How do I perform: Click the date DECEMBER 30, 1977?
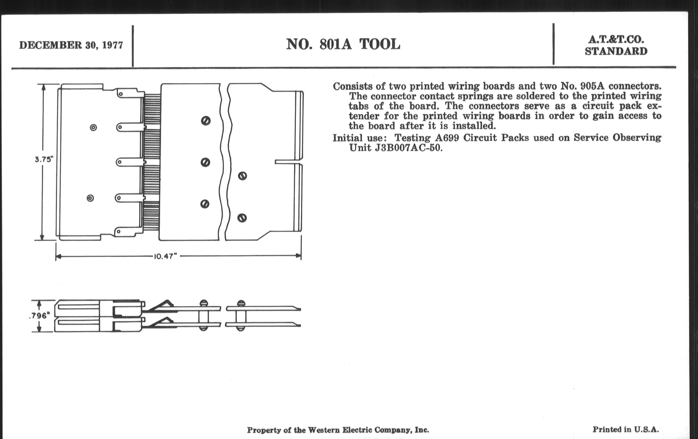pyautogui.click(x=71, y=46)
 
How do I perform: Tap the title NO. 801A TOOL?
pyautogui.click(x=343, y=44)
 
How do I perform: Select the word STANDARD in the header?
pyautogui.click(x=616, y=51)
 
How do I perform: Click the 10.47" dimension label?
pyautogui.click(x=165, y=257)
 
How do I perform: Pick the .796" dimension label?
pyautogui.click(x=40, y=316)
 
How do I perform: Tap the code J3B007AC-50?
pyautogui.click(x=408, y=148)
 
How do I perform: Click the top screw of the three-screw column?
pyautogui.click(x=206, y=121)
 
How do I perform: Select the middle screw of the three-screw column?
pyautogui.click(x=205, y=162)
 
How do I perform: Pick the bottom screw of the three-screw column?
pyautogui.click(x=205, y=204)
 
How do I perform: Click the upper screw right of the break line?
pyautogui.click(x=242, y=176)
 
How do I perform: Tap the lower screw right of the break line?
pyautogui.click(x=242, y=218)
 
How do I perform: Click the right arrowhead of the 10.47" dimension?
pyautogui.click(x=298, y=256)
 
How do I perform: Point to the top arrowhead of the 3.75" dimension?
pyautogui.click(x=43, y=87)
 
